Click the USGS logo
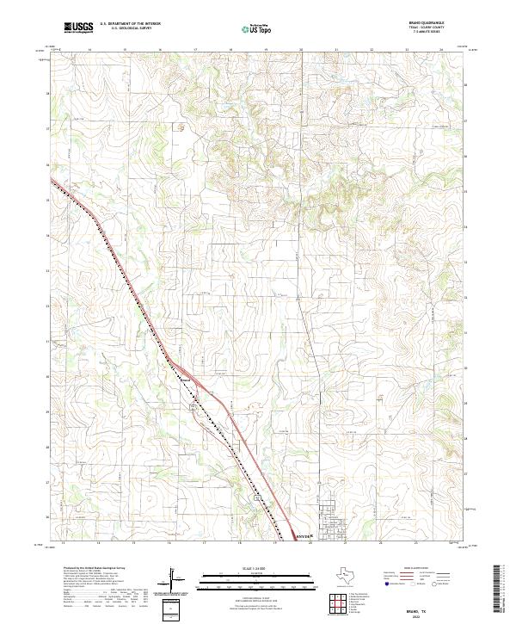point(78,28)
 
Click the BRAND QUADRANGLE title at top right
point(427,23)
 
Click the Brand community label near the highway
point(184,377)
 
